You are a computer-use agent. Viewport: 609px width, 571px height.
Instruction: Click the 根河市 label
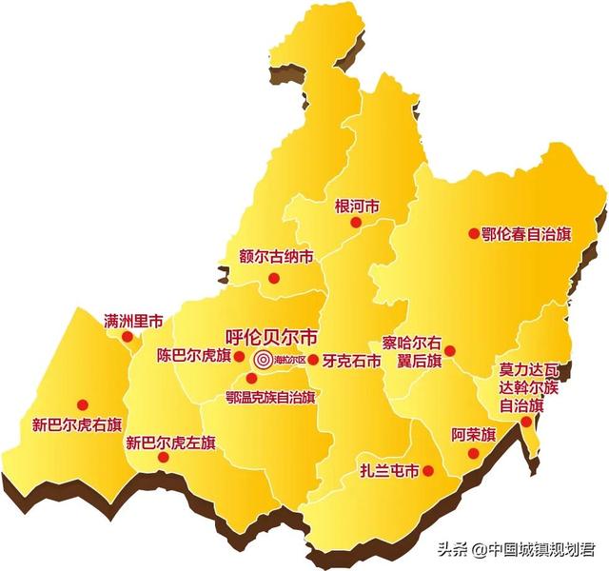(x=357, y=206)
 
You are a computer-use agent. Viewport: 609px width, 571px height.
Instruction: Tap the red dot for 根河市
(x=356, y=223)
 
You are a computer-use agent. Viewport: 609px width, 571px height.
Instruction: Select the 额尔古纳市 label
(x=276, y=257)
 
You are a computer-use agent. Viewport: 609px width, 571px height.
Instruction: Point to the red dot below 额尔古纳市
(x=274, y=278)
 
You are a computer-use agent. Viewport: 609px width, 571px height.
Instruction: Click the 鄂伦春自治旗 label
(x=526, y=234)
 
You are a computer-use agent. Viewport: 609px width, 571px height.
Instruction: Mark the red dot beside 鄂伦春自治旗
(x=473, y=233)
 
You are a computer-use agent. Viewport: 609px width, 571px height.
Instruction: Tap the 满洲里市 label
(x=133, y=320)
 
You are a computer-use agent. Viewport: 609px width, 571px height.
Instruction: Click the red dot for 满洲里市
(x=128, y=336)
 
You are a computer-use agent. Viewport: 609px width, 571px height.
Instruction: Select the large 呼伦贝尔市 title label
(x=271, y=337)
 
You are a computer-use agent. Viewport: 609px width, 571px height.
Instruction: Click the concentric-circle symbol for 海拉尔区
(x=262, y=360)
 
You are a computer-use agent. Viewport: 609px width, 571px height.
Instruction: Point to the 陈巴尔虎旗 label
(x=194, y=357)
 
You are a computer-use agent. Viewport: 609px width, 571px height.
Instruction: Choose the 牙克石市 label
(x=352, y=361)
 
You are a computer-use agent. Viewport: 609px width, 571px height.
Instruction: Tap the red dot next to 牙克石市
(x=313, y=360)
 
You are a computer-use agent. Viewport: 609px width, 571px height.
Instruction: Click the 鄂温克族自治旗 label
(x=270, y=395)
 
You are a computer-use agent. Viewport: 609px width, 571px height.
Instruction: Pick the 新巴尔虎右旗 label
(x=77, y=424)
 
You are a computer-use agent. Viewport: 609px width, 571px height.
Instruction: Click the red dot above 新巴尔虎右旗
(x=82, y=404)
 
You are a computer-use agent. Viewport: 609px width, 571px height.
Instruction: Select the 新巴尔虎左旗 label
(x=171, y=443)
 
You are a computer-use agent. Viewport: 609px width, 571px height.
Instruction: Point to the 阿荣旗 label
(x=474, y=435)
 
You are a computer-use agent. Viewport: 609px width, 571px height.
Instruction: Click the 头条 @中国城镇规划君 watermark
(x=514, y=549)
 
